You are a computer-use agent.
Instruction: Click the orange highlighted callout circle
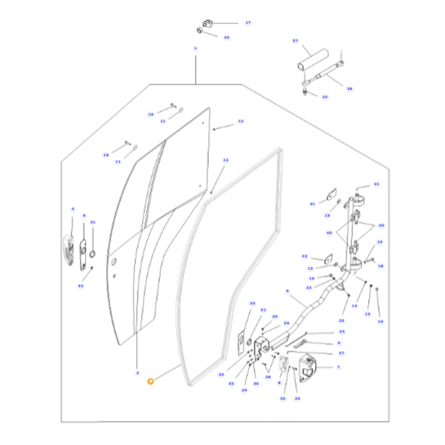point(150,381)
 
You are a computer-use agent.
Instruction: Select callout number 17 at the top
point(248,22)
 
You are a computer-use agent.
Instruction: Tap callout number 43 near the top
point(226,38)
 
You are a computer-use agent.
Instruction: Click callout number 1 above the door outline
point(195,48)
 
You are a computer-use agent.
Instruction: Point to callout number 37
point(295,41)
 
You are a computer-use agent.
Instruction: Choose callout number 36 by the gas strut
point(349,89)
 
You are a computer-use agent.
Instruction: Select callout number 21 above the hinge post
point(376,184)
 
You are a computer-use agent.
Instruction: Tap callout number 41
point(312,204)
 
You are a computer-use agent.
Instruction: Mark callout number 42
point(305,256)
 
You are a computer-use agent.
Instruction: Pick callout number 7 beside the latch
point(338,367)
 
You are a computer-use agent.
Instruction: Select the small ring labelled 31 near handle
point(92,254)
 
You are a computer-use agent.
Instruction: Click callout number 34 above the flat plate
point(252,303)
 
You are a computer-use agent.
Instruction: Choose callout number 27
point(341,352)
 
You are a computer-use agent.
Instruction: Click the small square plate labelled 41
point(331,195)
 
